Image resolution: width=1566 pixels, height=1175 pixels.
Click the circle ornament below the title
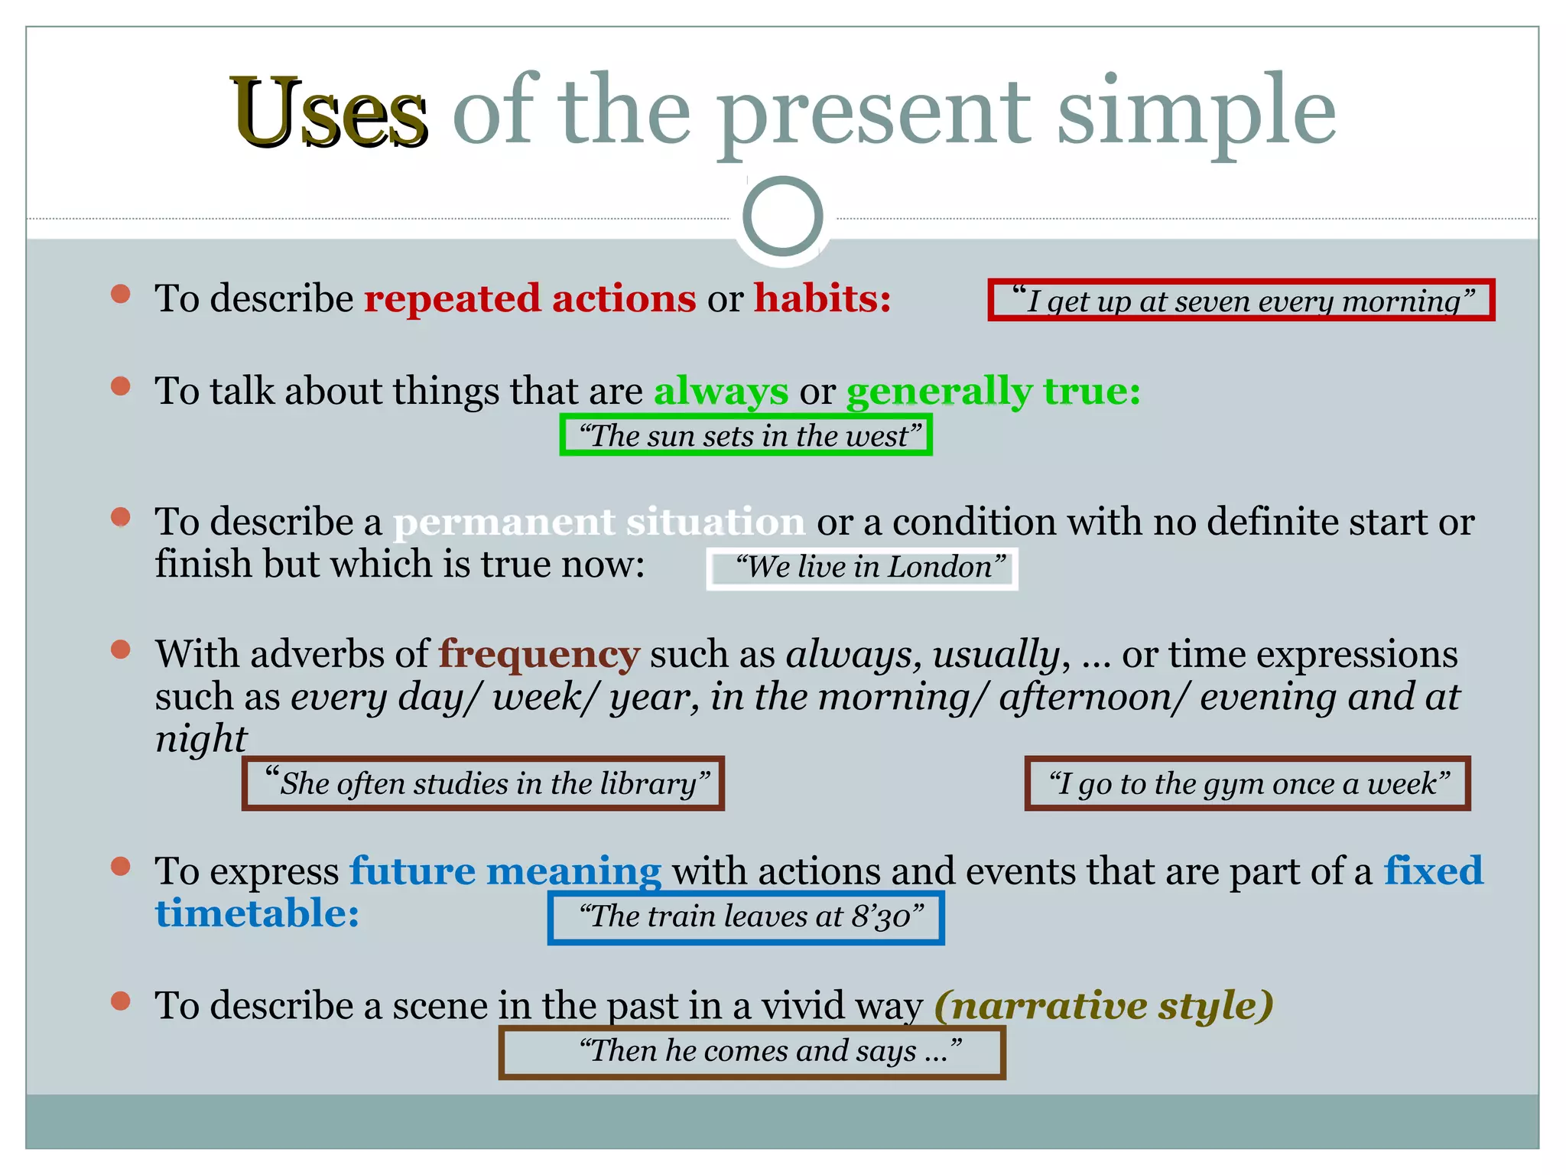(782, 216)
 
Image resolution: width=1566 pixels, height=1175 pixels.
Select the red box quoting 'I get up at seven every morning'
(1240, 300)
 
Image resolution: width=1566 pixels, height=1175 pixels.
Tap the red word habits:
(822, 298)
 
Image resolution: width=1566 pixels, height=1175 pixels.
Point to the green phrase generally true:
(993, 391)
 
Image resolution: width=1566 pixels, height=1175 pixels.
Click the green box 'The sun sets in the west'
(746, 435)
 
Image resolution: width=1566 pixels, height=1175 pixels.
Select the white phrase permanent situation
(599, 522)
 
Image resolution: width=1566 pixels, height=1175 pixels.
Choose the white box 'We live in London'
(862, 568)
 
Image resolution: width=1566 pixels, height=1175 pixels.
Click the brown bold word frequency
(538, 654)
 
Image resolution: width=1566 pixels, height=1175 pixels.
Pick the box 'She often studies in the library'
(482, 783)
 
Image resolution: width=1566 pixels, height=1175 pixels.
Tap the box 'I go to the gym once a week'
(1247, 783)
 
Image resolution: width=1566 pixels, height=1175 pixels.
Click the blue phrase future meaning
(505, 871)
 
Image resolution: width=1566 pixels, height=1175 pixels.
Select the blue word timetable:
(257, 913)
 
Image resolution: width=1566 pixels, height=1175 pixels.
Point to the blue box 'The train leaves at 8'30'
(746, 916)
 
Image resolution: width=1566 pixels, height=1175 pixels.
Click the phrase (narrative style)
(1103, 1004)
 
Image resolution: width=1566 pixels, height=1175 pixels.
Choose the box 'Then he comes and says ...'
(752, 1053)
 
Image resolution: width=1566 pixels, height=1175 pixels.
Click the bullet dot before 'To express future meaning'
(120, 866)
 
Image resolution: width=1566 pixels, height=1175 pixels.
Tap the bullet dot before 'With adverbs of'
(120, 649)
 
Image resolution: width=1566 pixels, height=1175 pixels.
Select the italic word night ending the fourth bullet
(201, 739)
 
